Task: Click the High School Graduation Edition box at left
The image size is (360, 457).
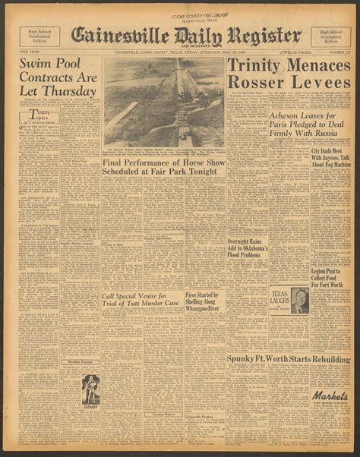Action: (x=34, y=36)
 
